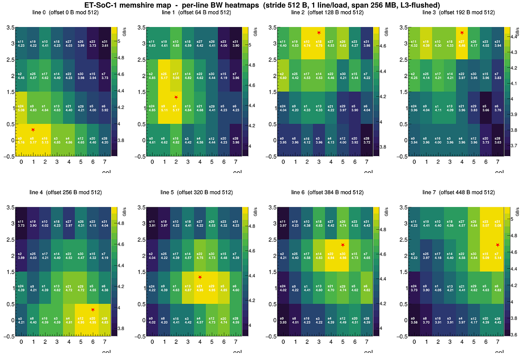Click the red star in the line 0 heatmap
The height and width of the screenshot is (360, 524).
click(x=33, y=130)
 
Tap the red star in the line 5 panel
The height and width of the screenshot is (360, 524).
click(x=200, y=277)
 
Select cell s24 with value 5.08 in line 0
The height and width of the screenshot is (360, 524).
click(x=21, y=108)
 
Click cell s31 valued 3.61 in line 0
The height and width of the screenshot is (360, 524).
click(x=105, y=44)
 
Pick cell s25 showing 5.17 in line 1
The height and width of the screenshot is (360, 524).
click(x=164, y=76)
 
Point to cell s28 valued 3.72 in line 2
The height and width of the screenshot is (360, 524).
click(x=367, y=140)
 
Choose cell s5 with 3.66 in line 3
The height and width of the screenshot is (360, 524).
click(x=486, y=108)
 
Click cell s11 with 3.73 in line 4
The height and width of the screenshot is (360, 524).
click(x=21, y=223)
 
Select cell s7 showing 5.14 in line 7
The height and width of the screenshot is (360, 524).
click(x=498, y=255)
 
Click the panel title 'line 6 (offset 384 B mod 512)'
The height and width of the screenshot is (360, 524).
click(x=327, y=192)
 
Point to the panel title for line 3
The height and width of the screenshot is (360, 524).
click(x=458, y=13)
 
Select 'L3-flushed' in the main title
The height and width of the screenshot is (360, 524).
click(x=422, y=5)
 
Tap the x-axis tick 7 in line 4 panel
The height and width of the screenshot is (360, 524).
click(x=105, y=341)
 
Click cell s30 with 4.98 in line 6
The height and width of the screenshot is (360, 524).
click(x=343, y=255)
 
